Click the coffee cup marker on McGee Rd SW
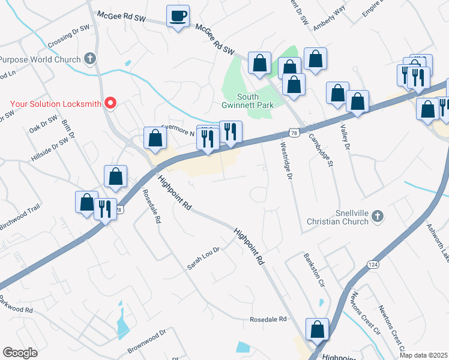point(178,16)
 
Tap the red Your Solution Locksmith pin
point(110,103)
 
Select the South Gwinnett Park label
point(248,101)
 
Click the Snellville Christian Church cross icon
point(377,215)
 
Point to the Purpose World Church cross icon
point(90,59)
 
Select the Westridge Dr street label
point(286,161)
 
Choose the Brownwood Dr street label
point(146,341)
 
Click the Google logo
point(20,353)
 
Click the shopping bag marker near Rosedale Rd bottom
point(317,329)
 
